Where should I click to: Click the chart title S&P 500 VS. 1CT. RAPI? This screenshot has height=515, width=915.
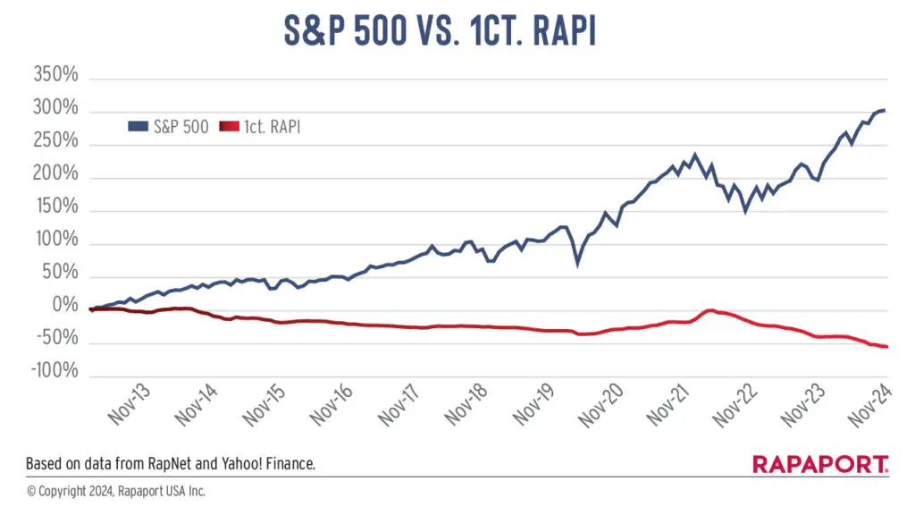[x=440, y=30]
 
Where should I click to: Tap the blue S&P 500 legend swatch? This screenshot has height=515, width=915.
[x=139, y=127]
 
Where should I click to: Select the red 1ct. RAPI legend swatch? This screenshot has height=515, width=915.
[x=230, y=127]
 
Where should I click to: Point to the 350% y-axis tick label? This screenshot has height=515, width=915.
[x=55, y=75]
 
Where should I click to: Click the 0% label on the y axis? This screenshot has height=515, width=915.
[x=65, y=305]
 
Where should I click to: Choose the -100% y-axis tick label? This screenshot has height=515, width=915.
[x=55, y=370]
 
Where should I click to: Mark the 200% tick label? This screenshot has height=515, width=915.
[x=55, y=173]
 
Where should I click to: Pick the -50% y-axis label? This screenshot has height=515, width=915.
[x=58, y=337]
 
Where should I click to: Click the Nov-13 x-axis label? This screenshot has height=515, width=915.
[x=130, y=404]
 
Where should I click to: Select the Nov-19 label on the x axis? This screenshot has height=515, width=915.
[x=534, y=404]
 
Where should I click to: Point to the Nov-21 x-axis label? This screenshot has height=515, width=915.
[x=668, y=404]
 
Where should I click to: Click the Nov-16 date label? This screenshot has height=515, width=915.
[x=332, y=404]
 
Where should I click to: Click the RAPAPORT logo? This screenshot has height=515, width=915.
[x=820, y=465]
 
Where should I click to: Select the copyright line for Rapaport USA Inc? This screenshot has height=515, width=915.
[x=116, y=492]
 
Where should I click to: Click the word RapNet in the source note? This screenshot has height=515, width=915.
[x=170, y=464]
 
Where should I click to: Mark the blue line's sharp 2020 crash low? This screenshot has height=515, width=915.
[x=578, y=264]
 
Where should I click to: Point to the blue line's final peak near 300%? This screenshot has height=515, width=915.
[x=884, y=110]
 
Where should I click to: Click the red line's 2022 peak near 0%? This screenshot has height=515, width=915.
[x=710, y=310]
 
